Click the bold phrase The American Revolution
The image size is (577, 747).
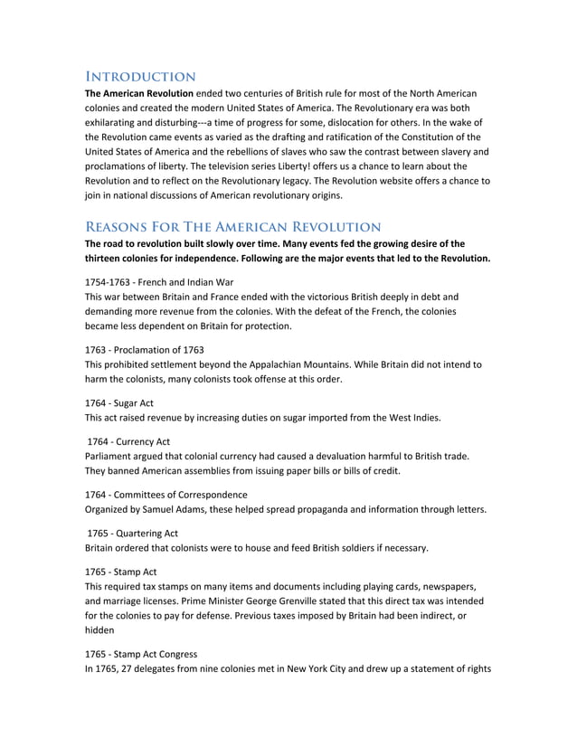point(138,93)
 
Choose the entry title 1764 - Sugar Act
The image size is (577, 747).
point(119,402)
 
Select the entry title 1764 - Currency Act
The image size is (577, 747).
point(128,441)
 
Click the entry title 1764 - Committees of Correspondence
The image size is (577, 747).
point(166,495)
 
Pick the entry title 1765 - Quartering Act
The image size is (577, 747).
point(132,534)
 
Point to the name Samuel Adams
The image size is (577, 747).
point(181,509)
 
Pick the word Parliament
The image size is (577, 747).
point(112,456)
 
